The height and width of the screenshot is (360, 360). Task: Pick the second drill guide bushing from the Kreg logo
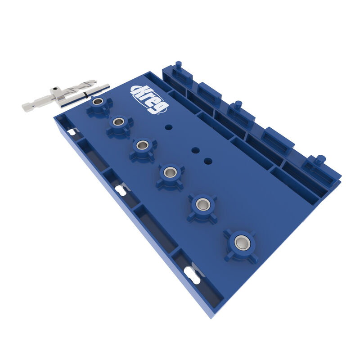click(x=119, y=122)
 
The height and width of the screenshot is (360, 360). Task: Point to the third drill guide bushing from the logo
click(x=143, y=145)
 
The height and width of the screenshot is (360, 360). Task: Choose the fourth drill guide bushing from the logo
click(x=170, y=172)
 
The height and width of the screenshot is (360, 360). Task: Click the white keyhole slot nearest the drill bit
click(x=71, y=131)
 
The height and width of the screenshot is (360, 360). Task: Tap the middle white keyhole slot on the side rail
click(x=121, y=190)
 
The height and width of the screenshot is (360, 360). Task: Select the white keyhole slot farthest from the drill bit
click(x=192, y=275)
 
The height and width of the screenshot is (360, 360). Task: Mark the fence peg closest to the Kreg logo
click(x=178, y=65)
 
